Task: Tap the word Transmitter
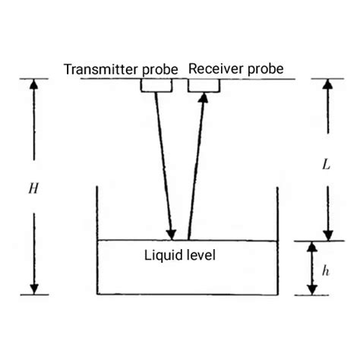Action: point(100,69)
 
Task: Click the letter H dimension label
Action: point(33,188)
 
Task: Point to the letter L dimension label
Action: point(326,164)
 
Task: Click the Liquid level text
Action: point(180,256)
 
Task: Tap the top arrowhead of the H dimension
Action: point(33,85)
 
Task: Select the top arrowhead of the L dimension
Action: point(327,85)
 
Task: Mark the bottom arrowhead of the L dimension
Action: point(327,233)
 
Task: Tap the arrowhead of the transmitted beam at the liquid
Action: point(172,232)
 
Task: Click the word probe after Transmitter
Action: point(159,70)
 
